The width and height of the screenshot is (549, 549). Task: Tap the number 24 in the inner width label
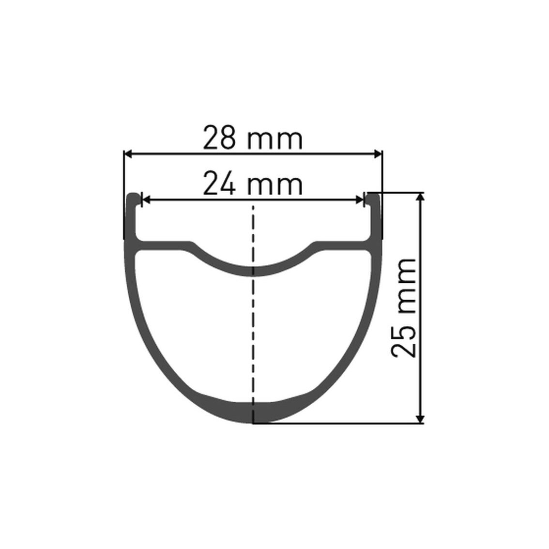coord(219,183)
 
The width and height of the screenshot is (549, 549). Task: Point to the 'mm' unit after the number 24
coord(275,186)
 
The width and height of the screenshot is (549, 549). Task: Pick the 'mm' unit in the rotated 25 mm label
coord(407,286)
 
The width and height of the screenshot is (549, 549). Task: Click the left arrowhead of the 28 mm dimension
coord(128,153)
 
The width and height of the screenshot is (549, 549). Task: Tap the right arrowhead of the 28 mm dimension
coord(378,153)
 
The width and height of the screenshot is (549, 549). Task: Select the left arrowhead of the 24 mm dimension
coord(146,200)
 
